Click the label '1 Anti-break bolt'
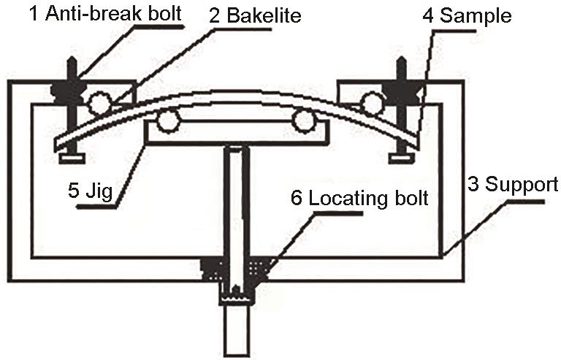click(106, 14)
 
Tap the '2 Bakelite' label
click(255, 15)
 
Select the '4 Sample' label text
click(467, 16)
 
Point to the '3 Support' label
click(513, 184)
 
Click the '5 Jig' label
click(90, 190)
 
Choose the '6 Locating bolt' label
click(359, 198)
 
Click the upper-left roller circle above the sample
click(99, 103)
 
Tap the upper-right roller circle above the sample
click(372, 103)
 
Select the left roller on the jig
click(168, 120)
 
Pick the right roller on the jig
click(303, 120)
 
